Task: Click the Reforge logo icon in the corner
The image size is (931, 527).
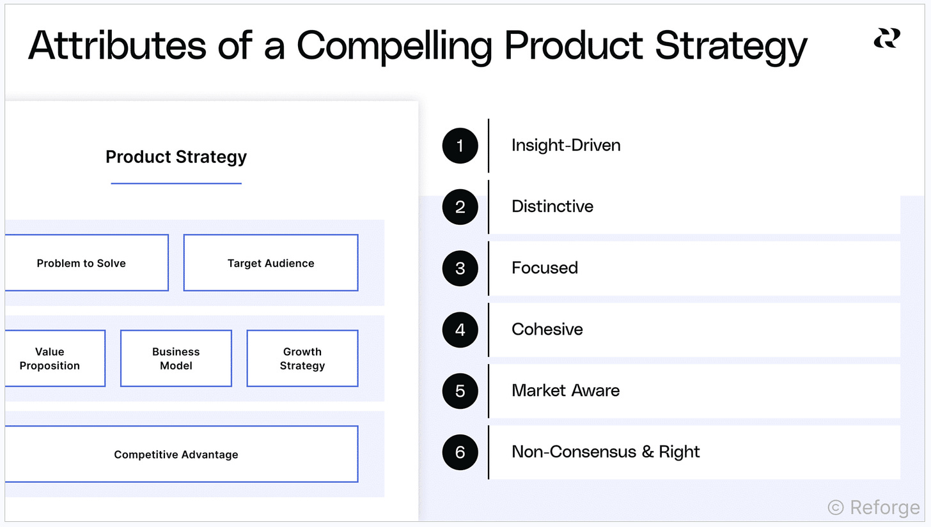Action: click(x=887, y=38)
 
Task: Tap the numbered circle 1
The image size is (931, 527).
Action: click(x=460, y=146)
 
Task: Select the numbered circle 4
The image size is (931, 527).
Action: click(x=460, y=330)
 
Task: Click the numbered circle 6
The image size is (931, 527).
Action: click(x=460, y=452)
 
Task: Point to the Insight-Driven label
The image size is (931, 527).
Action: click(x=566, y=146)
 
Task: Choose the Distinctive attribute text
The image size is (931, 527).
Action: click(x=552, y=206)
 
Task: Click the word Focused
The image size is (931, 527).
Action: click(x=545, y=268)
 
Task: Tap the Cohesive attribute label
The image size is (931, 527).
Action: click(x=547, y=330)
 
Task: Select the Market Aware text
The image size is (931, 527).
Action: click(x=565, y=390)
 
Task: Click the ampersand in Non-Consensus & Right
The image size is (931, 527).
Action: click(x=648, y=452)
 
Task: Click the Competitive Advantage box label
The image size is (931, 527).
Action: click(x=176, y=454)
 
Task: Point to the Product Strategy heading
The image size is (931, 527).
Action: click(x=176, y=157)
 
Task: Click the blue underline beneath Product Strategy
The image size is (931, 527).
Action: click(x=176, y=183)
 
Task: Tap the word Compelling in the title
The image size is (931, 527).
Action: click(x=395, y=47)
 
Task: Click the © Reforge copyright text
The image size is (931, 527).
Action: click(x=873, y=507)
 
